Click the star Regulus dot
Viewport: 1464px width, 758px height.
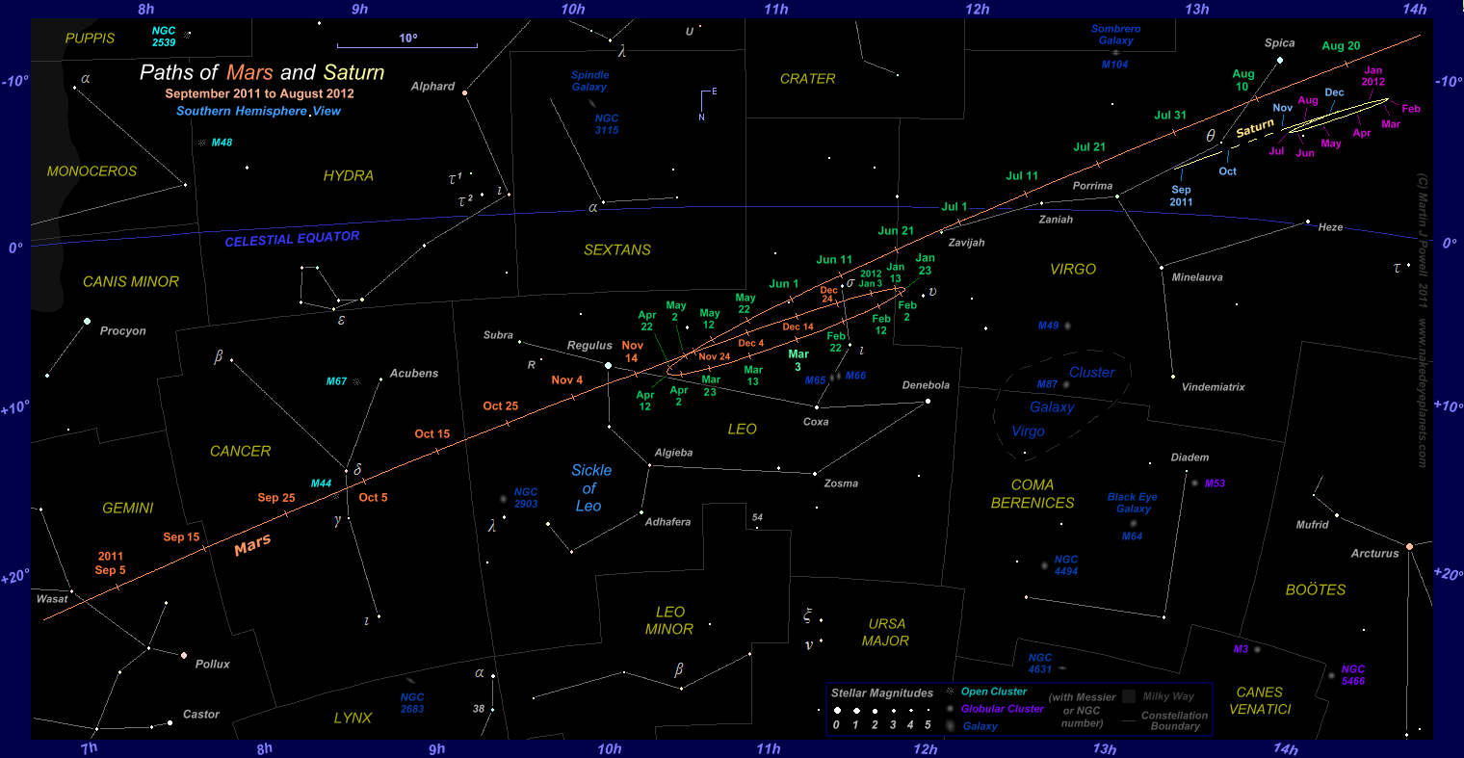608,365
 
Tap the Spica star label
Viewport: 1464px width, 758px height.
1279,43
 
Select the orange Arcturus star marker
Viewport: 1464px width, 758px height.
1409,546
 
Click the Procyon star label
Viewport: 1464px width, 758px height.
123,331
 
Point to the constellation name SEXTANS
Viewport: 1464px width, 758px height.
617,250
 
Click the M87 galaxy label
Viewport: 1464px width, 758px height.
1047,384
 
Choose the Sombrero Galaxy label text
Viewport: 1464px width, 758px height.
1115,35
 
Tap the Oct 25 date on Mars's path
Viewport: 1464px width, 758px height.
500,406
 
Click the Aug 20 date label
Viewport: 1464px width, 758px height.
1341,46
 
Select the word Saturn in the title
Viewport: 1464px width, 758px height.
353,73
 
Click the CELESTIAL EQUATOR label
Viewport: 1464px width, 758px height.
292,238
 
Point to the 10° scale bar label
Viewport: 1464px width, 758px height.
407,39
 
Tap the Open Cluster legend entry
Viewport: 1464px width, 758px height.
994,692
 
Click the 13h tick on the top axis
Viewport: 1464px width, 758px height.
1197,10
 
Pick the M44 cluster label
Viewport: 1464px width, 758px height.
321,484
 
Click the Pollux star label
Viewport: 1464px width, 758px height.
213,665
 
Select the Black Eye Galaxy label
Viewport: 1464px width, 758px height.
1133,503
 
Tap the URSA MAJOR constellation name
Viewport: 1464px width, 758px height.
886,632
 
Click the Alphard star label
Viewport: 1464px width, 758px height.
432,87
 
